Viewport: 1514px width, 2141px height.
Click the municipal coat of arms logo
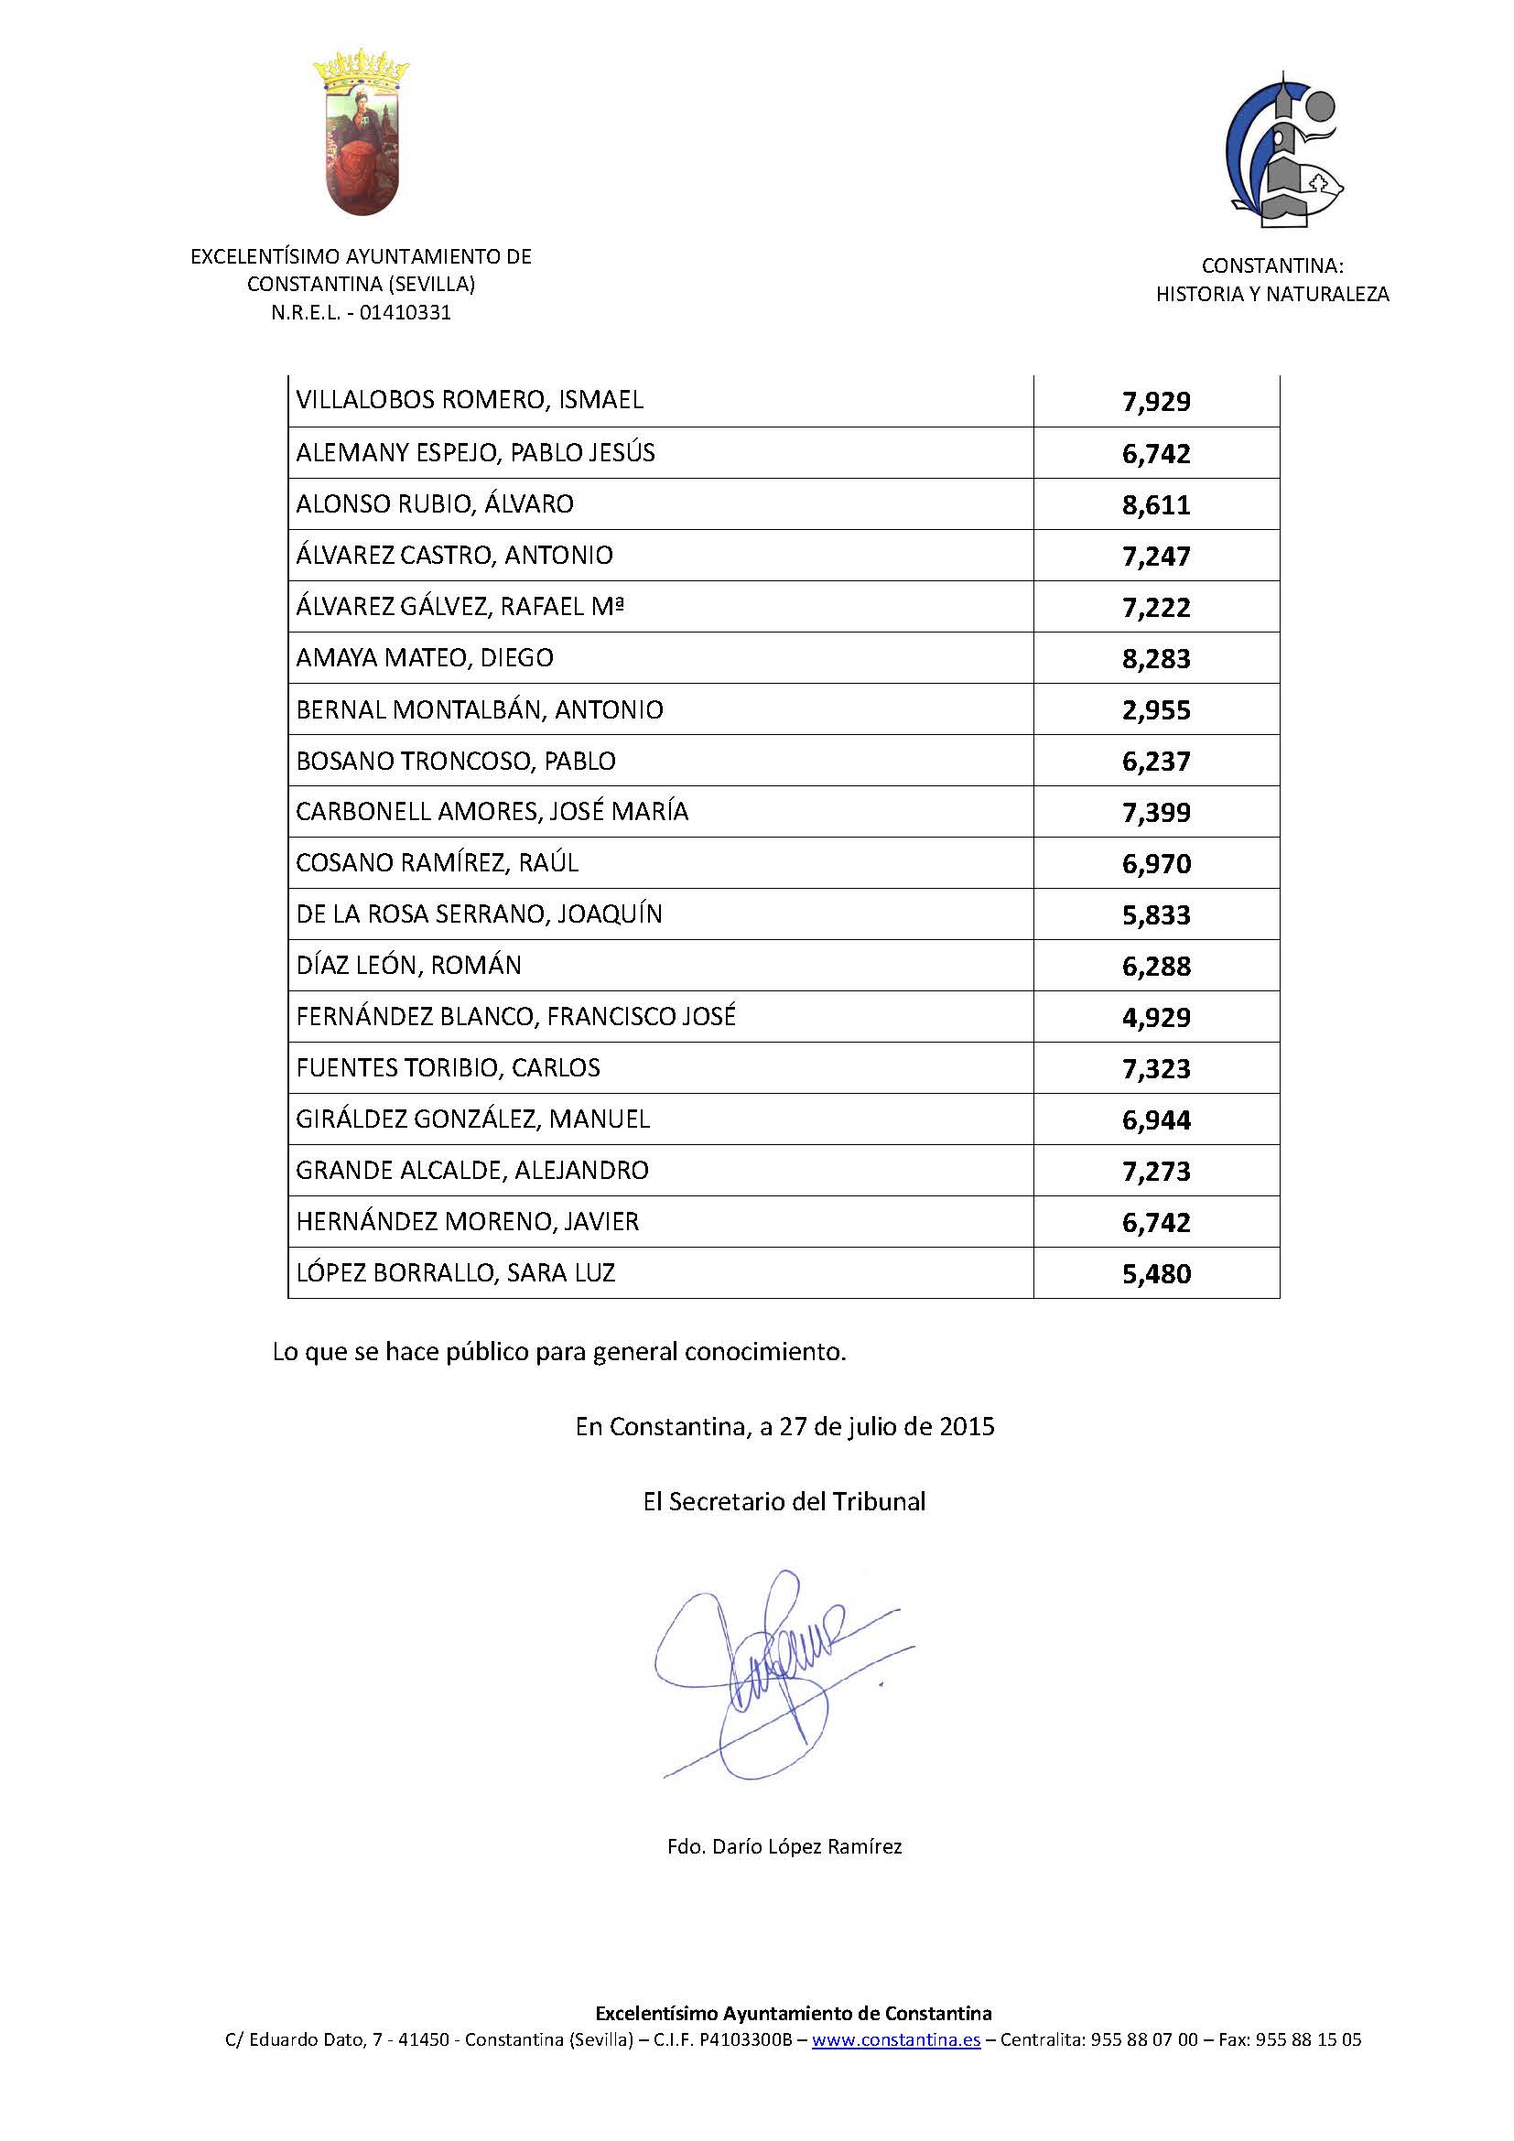tap(362, 134)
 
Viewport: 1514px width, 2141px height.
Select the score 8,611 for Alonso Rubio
tap(1156, 505)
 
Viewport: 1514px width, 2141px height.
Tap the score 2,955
tap(1156, 710)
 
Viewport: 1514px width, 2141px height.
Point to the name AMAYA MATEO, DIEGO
tap(424, 658)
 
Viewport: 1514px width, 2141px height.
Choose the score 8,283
tap(1156, 659)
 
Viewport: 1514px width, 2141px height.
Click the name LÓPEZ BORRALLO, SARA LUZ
tap(455, 1273)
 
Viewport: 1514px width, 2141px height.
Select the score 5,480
tap(1156, 1274)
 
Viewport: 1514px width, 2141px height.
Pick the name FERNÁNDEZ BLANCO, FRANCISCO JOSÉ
tap(515, 1016)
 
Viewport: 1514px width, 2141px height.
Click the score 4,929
tap(1156, 1017)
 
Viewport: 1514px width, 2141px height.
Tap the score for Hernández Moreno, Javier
tap(1156, 1223)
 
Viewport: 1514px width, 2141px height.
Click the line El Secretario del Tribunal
tap(784, 1501)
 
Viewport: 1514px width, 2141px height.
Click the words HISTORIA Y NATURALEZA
tap(1271, 295)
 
